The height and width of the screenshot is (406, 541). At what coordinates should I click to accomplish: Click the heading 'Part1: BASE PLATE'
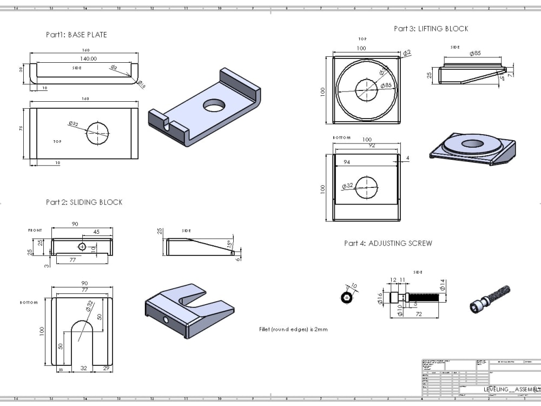pos(76,35)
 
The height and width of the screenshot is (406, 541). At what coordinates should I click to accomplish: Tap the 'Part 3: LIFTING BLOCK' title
pos(431,29)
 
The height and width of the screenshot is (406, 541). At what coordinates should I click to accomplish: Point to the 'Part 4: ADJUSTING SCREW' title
pos(388,244)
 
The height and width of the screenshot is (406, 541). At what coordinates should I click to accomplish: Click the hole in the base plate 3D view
pos(215,105)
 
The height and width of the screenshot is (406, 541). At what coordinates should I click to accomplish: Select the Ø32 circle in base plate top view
pos(97,133)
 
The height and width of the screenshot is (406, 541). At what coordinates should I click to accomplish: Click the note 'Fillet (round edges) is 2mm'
pos(293,329)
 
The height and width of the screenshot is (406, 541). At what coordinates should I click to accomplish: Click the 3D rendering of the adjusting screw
pos(490,299)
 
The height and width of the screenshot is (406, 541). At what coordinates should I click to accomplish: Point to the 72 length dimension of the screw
pos(418,315)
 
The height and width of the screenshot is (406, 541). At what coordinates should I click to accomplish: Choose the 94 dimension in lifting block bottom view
pos(347,162)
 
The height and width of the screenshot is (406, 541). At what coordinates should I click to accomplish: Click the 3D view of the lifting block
pos(472,150)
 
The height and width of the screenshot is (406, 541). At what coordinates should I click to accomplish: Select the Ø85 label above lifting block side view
pos(475,54)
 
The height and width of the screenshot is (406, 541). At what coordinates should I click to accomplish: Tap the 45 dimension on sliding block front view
pos(96,232)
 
